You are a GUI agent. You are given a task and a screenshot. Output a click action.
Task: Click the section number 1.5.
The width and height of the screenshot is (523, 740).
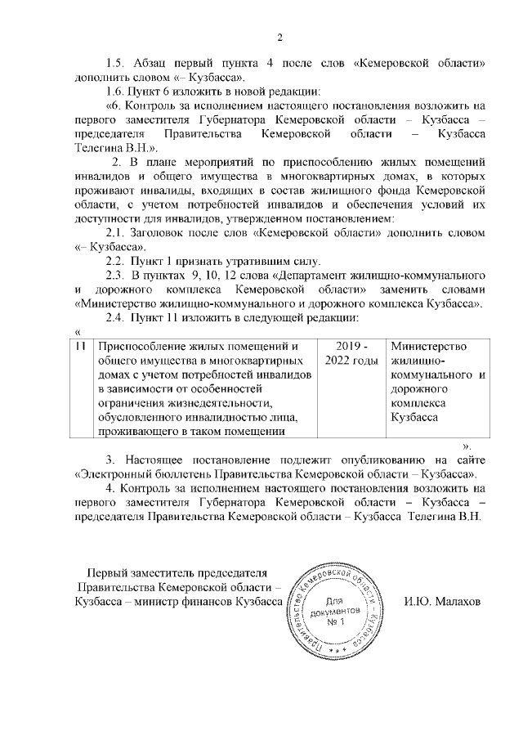tap(117, 63)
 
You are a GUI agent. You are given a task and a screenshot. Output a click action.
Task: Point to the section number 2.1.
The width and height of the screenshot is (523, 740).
tap(117, 232)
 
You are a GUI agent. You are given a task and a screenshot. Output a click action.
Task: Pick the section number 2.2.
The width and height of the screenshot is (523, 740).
tap(117, 260)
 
